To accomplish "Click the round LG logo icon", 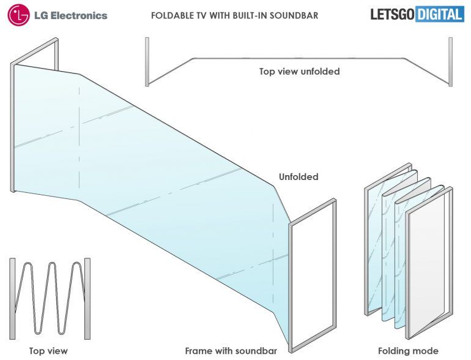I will point(19,15).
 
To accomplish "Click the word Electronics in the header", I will point(78,15).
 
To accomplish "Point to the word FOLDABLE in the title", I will point(174,15).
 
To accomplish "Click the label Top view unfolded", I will point(299,72).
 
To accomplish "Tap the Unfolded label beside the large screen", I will point(299,177).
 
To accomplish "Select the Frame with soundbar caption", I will point(231,351).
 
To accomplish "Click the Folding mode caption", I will point(408,351).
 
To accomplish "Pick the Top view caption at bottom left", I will point(48,351).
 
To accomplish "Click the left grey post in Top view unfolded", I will point(147,61).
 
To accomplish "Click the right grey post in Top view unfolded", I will point(451,61).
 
